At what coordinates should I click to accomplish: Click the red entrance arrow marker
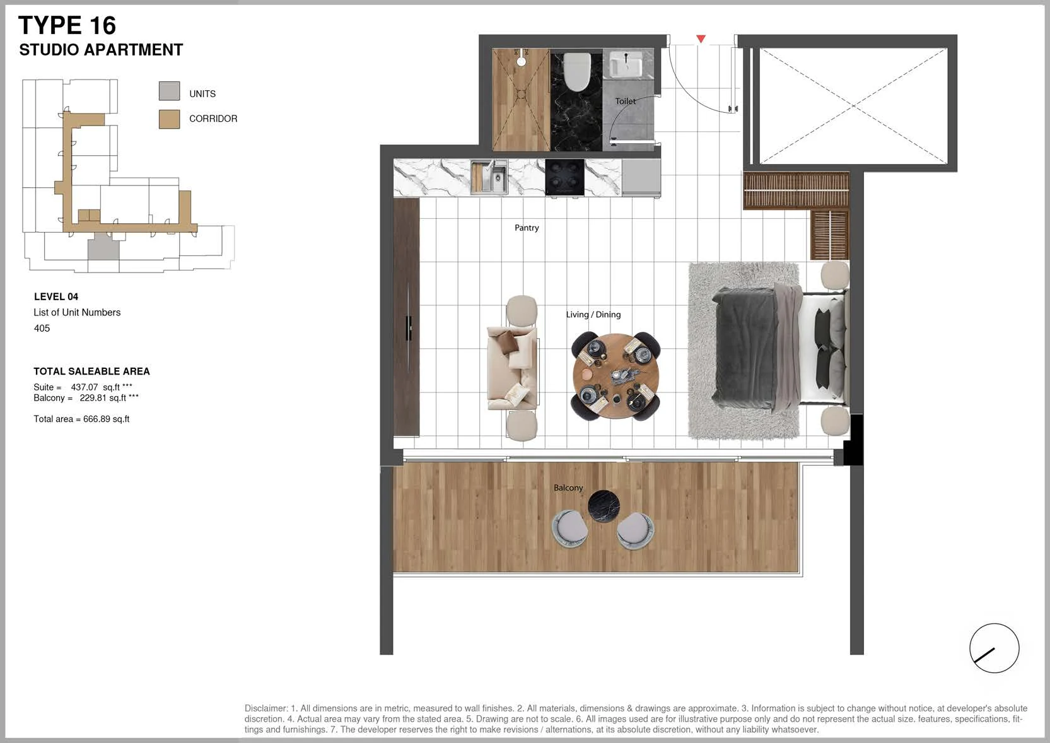coord(701,38)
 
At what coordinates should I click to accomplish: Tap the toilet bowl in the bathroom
coord(576,72)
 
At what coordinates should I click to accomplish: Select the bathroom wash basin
coord(626,64)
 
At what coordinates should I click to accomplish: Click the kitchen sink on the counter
coord(489,177)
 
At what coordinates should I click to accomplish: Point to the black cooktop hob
coord(564,177)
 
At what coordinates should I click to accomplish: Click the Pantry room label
coord(527,228)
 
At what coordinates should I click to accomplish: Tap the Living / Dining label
coord(593,315)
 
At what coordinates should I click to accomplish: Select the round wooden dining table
coord(616,375)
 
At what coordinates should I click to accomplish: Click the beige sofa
coord(512,368)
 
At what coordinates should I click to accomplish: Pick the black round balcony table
coord(604,506)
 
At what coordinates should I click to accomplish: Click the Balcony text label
coord(568,488)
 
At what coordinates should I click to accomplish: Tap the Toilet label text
coord(626,102)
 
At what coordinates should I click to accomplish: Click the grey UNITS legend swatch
coord(169,91)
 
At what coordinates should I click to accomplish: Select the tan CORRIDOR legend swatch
coord(169,119)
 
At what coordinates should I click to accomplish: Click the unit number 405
coord(42,328)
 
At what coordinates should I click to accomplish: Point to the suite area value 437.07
coord(85,387)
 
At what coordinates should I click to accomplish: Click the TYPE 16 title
coord(67,25)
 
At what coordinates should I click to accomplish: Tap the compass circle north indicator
coord(995,648)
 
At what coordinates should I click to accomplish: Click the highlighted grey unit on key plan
coord(103,247)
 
